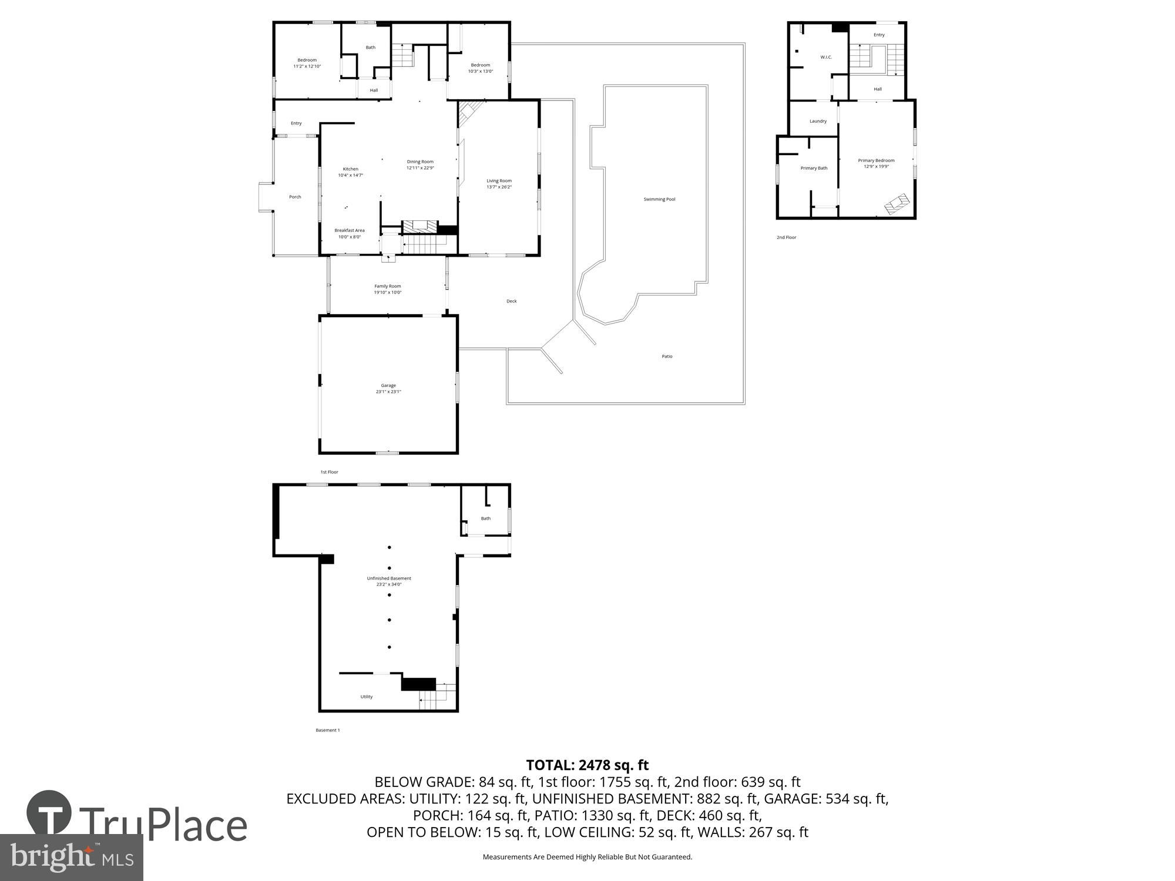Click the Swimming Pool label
pos(659,199)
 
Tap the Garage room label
pos(388,385)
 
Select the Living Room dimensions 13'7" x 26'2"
pos(499,187)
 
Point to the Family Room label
pos(388,286)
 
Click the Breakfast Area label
pos(350,230)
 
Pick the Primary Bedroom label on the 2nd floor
pos(876,160)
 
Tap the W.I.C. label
pos(826,57)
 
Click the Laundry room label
pos(818,121)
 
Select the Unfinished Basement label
pos(389,579)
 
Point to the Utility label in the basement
pos(367,697)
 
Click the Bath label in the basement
pos(486,519)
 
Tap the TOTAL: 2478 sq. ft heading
pos(587,765)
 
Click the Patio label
pos(667,357)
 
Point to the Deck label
pos(512,301)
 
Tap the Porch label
pos(295,197)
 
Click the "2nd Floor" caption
pos(786,237)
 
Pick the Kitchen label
pos(351,169)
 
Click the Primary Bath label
pos(814,168)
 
